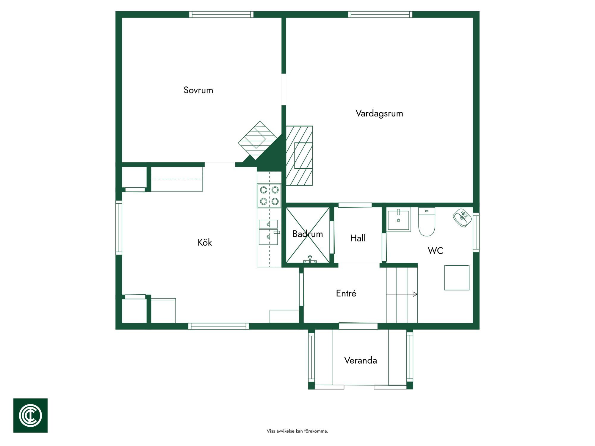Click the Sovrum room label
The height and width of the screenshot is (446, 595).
[198, 90]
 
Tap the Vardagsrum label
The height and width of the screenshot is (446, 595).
[379, 113]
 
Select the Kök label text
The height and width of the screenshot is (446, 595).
[205, 242]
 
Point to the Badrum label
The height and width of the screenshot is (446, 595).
[308, 234]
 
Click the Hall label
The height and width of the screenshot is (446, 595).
[358, 238]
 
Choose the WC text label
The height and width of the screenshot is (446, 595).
[435, 251]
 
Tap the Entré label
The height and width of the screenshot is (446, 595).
[346, 293]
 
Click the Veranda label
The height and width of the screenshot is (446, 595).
[361, 360]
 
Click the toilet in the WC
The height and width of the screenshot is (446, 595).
[427, 222]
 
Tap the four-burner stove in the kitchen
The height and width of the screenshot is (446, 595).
[269, 195]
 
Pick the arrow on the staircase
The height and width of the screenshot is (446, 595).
[402, 294]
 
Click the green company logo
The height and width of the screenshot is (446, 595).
[30, 415]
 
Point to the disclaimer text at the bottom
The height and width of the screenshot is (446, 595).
[297, 431]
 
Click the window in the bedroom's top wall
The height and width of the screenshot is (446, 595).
[221, 14]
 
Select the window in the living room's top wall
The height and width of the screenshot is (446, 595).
[380, 14]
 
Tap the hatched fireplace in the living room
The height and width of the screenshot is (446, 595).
[299, 156]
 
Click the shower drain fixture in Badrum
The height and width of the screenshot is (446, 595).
[310, 260]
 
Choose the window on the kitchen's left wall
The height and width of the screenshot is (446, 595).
[119, 227]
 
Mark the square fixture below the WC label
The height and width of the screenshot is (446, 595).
[457, 278]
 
